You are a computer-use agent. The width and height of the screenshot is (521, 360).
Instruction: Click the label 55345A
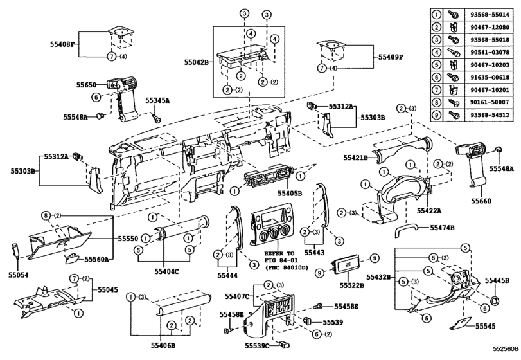pos(157,101)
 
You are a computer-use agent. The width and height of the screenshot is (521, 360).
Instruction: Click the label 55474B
pos(443,228)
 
